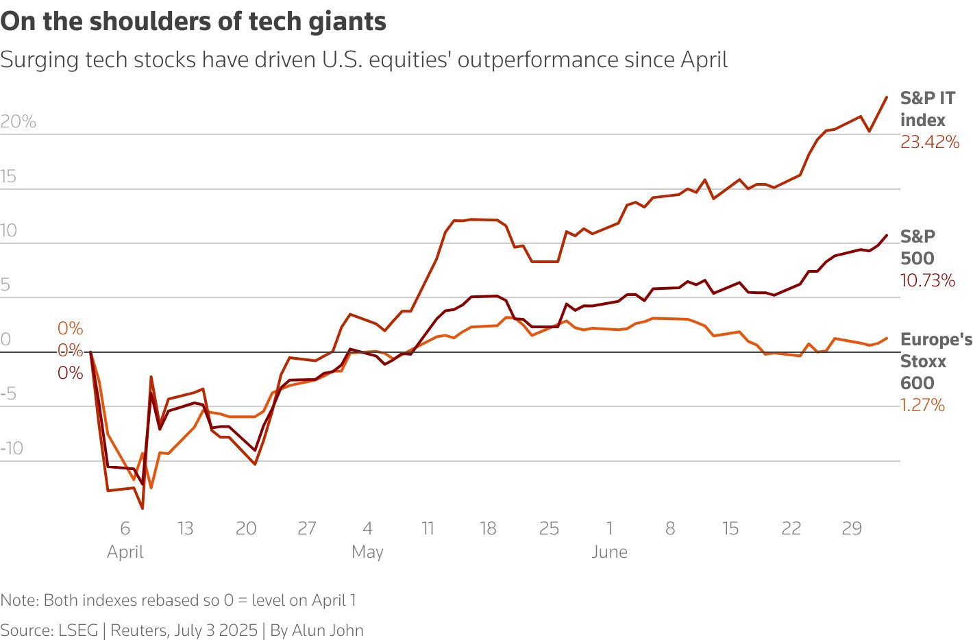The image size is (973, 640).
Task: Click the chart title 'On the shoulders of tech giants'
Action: pyautogui.click(x=193, y=22)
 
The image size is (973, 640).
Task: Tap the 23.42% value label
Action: pyautogui.click(x=929, y=143)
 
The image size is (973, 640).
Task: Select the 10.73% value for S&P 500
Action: pyautogui.click(x=927, y=280)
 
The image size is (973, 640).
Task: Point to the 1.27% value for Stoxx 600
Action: pyautogui.click(x=922, y=405)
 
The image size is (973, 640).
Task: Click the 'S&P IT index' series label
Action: pyautogui.click(x=927, y=109)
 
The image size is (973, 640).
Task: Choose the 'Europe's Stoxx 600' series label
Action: pyautogui.click(x=935, y=361)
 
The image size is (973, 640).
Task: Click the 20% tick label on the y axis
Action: pyautogui.click(x=18, y=122)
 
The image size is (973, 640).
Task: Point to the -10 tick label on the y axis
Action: pyautogui.click(x=12, y=448)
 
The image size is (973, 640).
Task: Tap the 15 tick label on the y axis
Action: pyautogui.click(x=8, y=176)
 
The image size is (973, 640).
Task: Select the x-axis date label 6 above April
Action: pyautogui.click(x=125, y=528)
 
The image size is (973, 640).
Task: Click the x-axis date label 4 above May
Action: pyautogui.click(x=367, y=528)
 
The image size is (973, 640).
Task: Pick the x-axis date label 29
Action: pyautogui.click(x=851, y=528)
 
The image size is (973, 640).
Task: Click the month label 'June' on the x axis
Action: pyautogui.click(x=609, y=552)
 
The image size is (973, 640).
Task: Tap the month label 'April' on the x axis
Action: pyautogui.click(x=125, y=552)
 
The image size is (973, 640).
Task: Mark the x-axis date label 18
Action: pyautogui.click(x=488, y=528)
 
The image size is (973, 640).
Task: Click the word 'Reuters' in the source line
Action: pyautogui.click(x=138, y=630)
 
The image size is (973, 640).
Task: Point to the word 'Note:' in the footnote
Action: pyautogui.click(x=19, y=600)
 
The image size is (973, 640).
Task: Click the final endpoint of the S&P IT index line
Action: pyautogui.click(x=887, y=97)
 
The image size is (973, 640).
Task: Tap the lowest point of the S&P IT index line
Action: pyautogui.click(x=143, y=508)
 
